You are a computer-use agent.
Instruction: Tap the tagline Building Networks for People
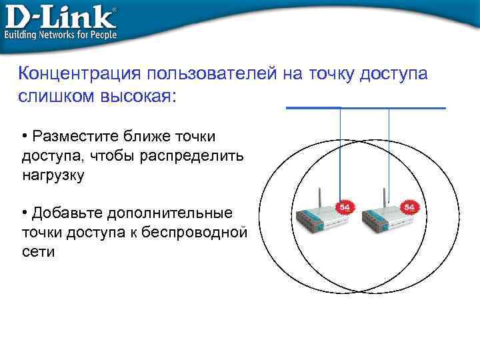point(61,34)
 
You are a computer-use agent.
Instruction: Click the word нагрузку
point(53,175)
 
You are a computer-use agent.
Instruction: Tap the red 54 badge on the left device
point(345,207)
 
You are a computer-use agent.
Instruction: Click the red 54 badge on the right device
point(409,207)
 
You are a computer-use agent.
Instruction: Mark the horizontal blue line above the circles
point(365,107)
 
